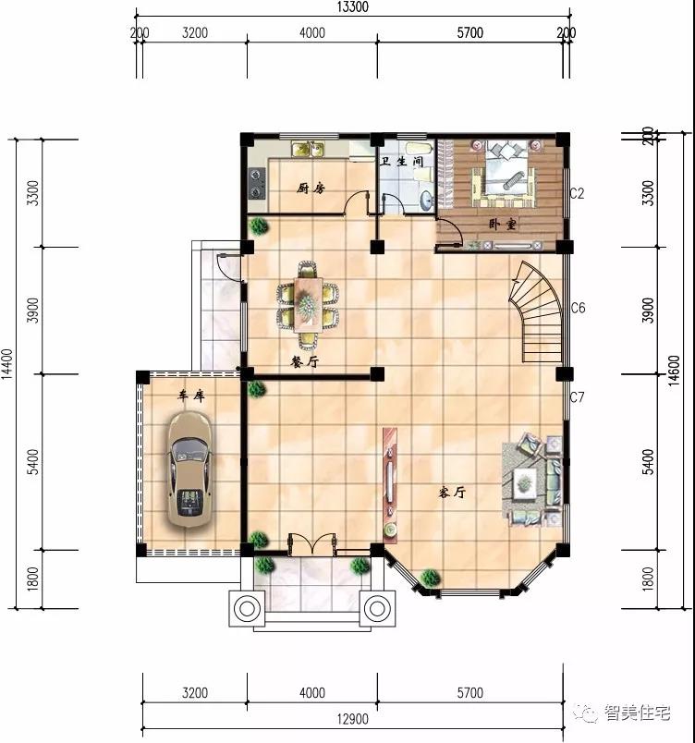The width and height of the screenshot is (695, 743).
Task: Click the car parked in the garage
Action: pos(189,469)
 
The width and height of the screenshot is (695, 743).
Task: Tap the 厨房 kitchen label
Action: pos(311,189)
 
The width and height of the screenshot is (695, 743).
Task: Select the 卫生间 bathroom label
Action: pos(401,161)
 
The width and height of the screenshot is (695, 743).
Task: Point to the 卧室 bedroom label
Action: pos(503,224)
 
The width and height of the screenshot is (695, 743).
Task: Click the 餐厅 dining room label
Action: pos(305,362)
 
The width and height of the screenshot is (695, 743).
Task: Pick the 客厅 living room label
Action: pos(452,493)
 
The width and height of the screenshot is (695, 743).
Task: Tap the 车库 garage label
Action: pos(191,396)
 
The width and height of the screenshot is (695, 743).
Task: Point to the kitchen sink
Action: pos(308,150)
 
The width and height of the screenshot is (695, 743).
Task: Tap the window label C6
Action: pos(578,308)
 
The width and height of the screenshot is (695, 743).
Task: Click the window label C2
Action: pos(577,193)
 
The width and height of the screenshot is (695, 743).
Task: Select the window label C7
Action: pos(577,397)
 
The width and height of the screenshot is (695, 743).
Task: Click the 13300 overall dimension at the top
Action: pos(352,7)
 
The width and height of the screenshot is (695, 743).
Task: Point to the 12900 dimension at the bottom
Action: pos(352,719)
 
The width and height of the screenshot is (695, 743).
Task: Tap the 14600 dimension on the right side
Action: pos(674,371)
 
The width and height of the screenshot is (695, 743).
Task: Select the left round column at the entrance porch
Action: pos(247,608)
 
